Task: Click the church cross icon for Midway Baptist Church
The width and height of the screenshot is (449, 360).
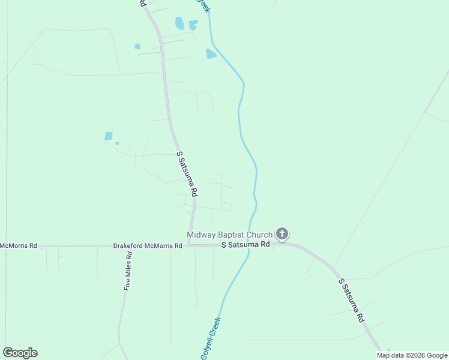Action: (282, 234)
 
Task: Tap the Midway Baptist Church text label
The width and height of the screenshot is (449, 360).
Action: (229, 235)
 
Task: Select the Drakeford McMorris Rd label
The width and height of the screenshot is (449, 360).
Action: (148, 246)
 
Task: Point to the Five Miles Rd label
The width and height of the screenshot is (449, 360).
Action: (127, 271)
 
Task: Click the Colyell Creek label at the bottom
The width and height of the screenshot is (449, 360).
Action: (211, 337)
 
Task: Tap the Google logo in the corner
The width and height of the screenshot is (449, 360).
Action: (20, 352)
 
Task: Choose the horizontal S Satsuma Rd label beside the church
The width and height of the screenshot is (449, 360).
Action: (246, 245)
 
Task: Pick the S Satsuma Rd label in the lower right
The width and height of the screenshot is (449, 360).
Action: (352, 301)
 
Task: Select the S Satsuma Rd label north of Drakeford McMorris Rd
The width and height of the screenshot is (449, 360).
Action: (187, 175)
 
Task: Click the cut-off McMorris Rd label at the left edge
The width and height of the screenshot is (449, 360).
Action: (19, 245)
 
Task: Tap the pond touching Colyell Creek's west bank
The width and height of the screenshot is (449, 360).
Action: (211, 54)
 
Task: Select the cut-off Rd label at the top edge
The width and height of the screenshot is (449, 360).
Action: (142, 4)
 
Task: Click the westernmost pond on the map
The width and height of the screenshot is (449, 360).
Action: (109, 136)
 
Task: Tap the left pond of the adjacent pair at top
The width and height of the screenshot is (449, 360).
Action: (179, 23)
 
